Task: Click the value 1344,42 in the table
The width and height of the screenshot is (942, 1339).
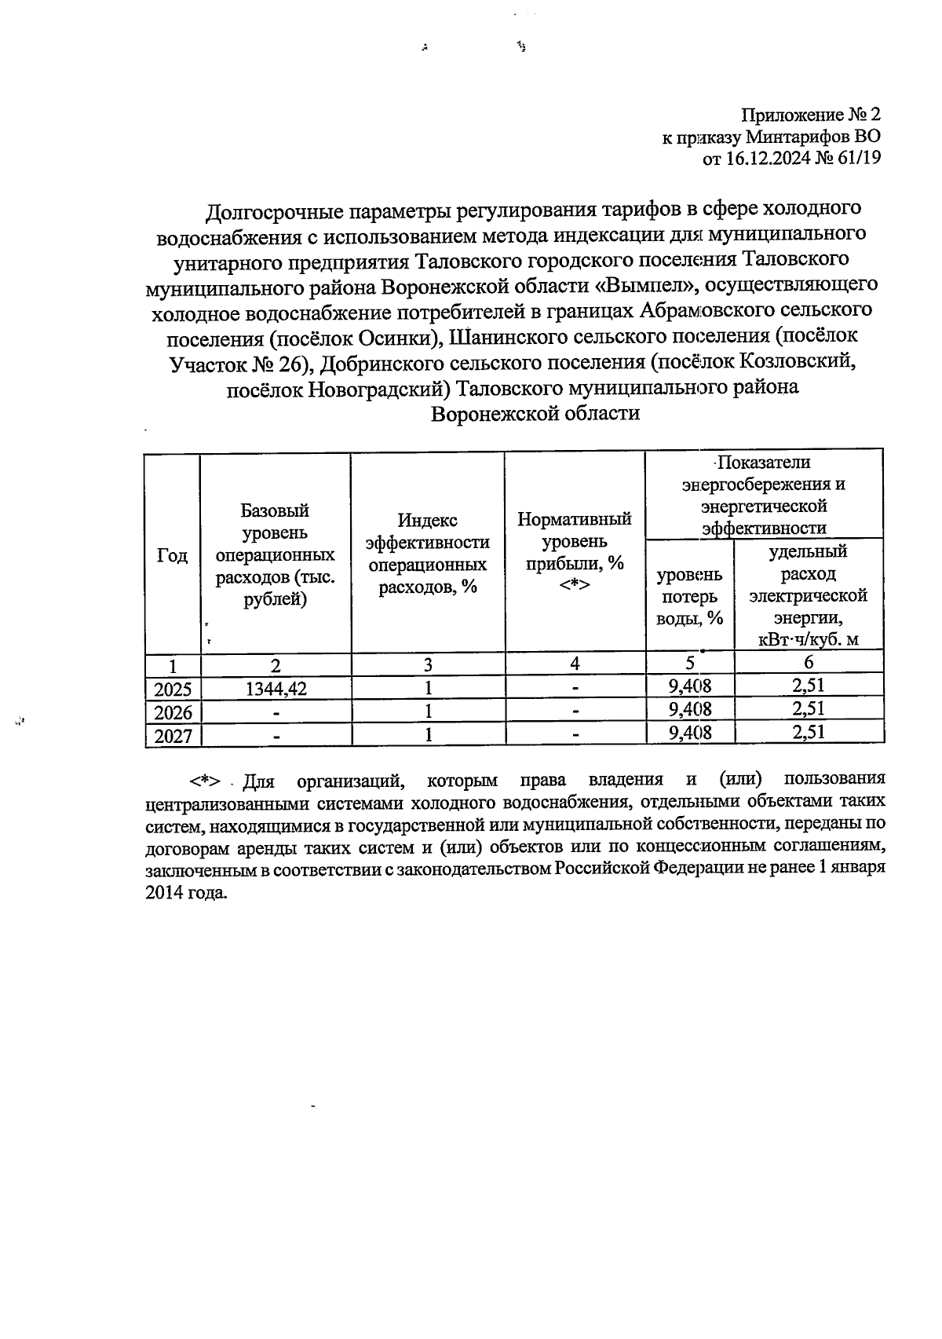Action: [275, 689]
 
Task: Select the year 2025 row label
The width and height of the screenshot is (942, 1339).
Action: [173, 690]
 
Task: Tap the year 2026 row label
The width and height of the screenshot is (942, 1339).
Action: [173, 712]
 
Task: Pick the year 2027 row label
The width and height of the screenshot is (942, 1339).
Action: [173, 736]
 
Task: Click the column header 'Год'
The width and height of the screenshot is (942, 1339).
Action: [172, 555]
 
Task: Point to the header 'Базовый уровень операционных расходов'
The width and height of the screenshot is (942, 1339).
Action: [275, 555]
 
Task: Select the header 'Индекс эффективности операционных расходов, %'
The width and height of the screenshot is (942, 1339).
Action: [428, 554]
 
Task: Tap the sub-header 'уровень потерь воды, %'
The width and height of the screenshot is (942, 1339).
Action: [689, 596]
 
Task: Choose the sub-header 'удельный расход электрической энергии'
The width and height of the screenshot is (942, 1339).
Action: [809, 595]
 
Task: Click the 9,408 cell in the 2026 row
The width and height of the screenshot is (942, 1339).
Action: [690, 709]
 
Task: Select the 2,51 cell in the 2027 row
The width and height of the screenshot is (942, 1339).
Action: [809, 733]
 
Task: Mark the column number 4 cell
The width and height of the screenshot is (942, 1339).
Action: [575, 664]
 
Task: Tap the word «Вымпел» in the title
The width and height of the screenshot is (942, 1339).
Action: [644, 285]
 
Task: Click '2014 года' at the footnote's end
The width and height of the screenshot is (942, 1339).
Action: [186, 893]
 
